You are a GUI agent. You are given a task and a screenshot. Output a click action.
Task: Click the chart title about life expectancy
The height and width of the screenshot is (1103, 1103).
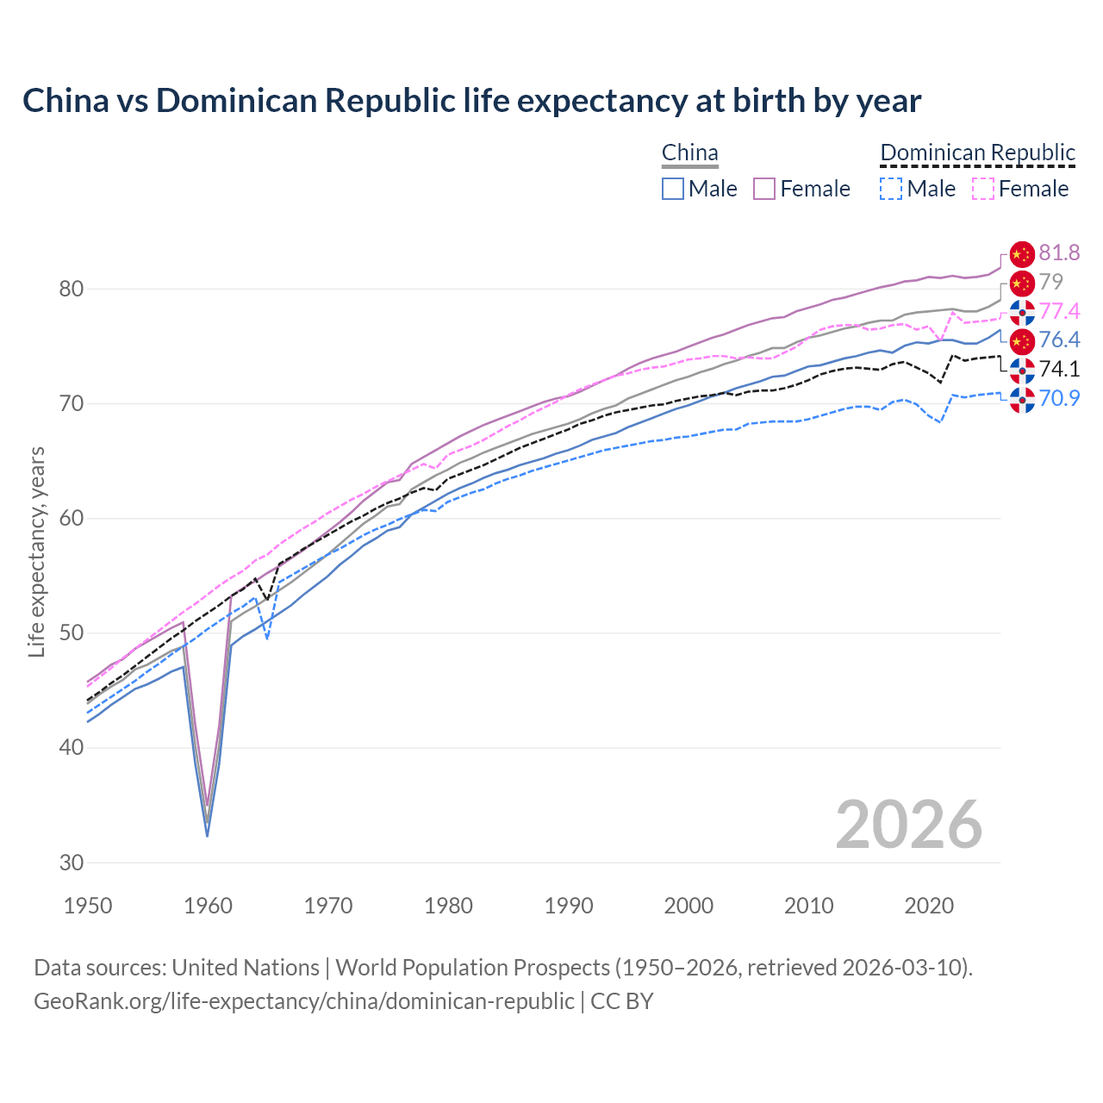pyautogui.click(x=471, y=101)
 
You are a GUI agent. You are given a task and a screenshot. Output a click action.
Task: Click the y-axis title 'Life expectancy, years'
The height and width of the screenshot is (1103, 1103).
pyautogui.click(x=36, y=551)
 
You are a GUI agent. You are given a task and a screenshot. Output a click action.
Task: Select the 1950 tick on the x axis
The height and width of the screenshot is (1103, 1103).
pyautogui.click(x=88, y=906)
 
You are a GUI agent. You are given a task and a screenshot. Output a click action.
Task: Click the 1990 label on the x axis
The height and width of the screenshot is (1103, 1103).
pyautogui.click(x=569, y=906)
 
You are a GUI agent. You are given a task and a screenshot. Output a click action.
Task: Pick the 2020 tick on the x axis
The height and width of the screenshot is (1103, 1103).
pyautogui.click(x=929, y=906)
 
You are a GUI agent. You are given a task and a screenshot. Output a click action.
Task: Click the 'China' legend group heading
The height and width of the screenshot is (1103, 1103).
pyautogui.click(x=689, y=153)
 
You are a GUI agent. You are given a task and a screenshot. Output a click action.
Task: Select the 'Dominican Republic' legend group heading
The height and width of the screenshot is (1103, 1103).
pyautogui.click(x=977, y=153)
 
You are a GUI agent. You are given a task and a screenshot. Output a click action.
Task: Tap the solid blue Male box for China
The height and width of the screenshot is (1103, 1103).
pyautogui.click(x=673, y=189)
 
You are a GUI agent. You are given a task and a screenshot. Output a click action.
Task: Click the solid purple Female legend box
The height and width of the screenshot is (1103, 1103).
pyautogui.click(x=764, y=189)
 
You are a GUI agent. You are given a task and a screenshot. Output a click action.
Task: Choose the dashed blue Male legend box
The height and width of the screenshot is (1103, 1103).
pyautogui.click(x=891, y=189)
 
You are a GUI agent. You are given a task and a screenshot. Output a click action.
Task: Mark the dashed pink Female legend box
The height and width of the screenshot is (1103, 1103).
pyautogui.click(x=982, y=189)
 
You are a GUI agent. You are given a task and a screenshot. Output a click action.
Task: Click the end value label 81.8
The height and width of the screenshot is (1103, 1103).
pyautogui.click(x=1059, y=253)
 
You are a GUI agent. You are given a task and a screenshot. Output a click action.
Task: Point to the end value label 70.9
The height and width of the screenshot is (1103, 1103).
pyautogui.click(x=1059, y=399)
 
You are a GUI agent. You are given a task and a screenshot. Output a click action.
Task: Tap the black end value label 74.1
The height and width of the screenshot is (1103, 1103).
pyautogui.click(x=1059, y=370)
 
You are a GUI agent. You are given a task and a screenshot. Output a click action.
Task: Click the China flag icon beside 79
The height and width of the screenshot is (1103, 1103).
pyautogui.click(x=1021, y=283)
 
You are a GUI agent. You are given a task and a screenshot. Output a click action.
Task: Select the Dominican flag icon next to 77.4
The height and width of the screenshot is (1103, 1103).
pyautogui.click(x=1021, y=312)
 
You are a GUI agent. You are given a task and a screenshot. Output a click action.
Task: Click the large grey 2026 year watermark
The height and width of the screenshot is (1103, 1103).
pyautogui.click(x=908, y=825)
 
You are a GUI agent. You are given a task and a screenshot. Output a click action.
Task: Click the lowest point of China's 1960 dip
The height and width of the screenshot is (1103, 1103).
pyautogui.click(x=207, y=834)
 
